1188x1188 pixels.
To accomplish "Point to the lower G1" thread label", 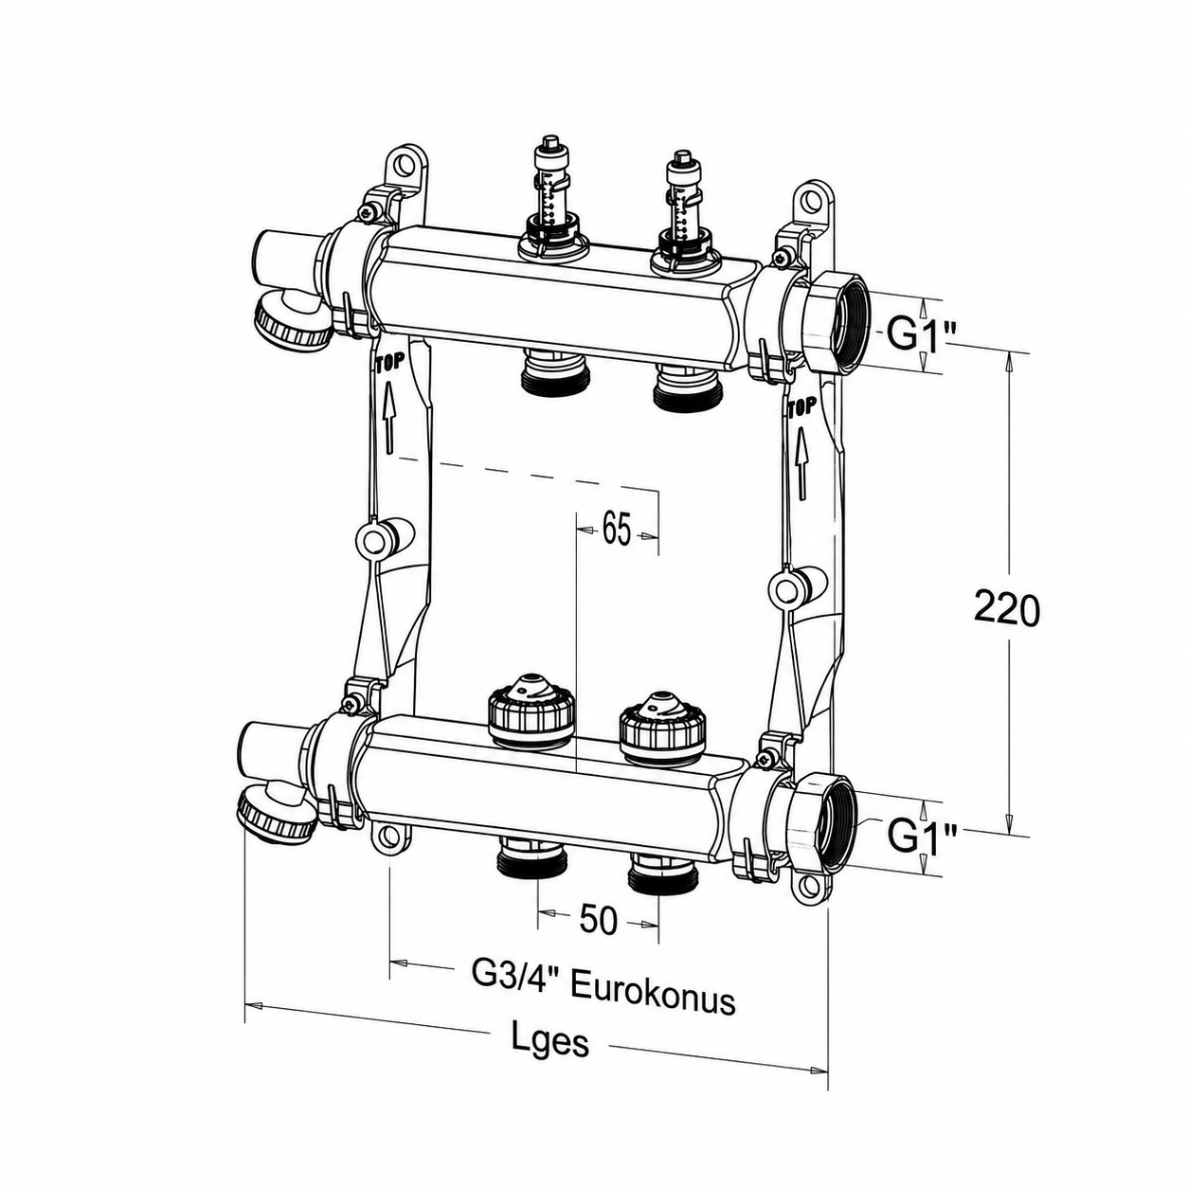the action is (x=922, y=837).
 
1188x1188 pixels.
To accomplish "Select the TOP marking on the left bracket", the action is (x=388, y=363).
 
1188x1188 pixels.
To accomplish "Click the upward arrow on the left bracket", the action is (x=388, y=417).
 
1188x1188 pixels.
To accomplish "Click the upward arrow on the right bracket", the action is (x=801, y=463).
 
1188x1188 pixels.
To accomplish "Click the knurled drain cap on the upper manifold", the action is (x=292, y=326).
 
